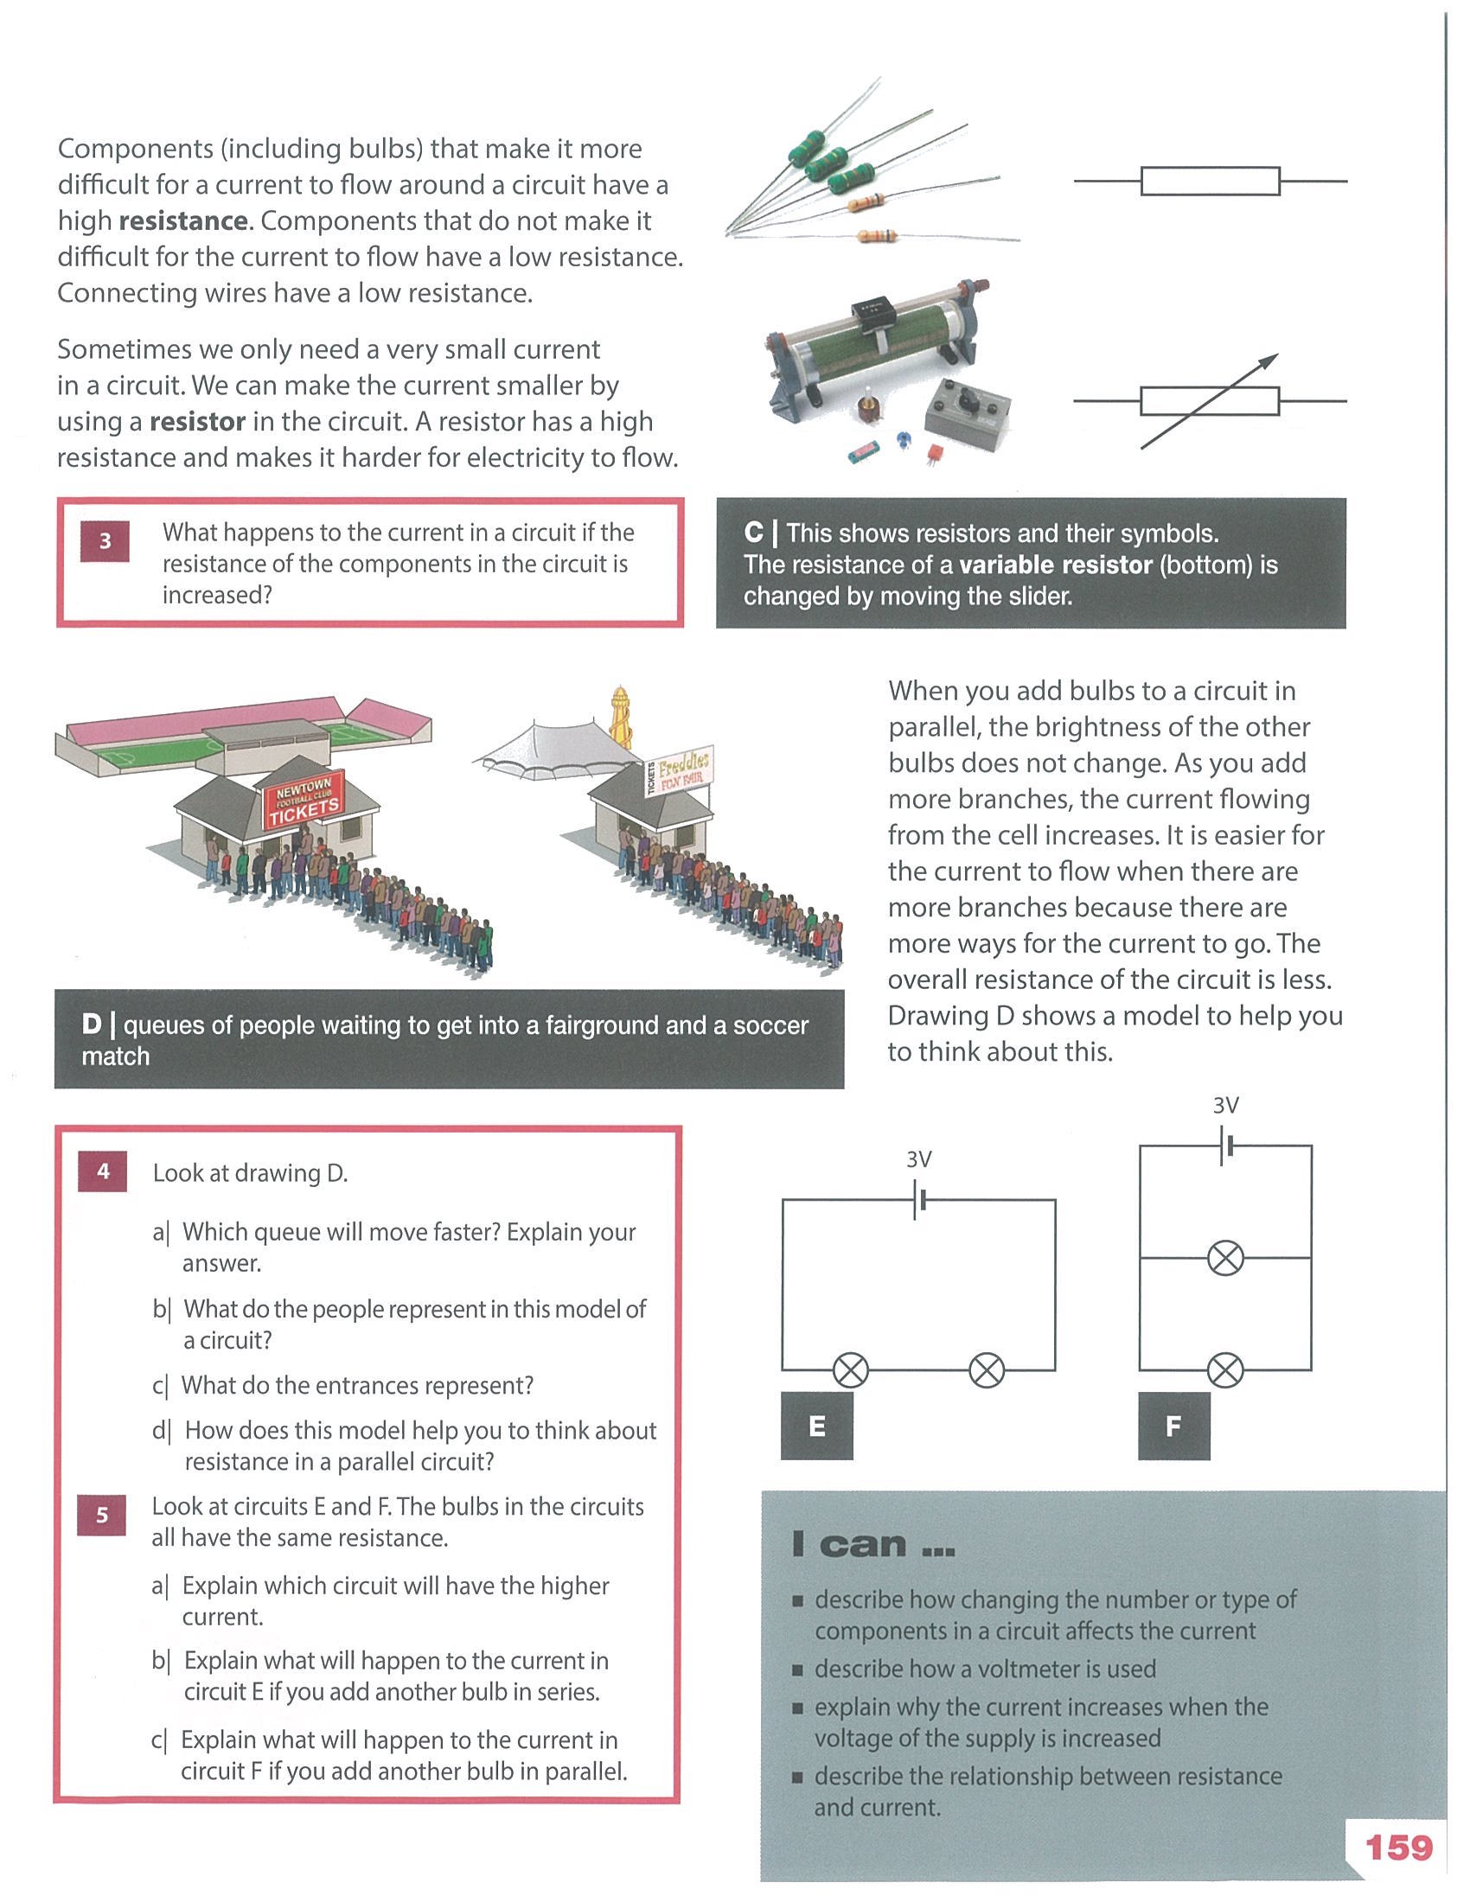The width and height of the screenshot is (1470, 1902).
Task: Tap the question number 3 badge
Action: pos(105,541)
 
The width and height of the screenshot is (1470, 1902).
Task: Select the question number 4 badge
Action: pos(103,1171)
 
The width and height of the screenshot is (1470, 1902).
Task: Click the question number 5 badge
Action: pos(102,1516)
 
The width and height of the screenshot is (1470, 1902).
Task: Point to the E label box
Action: pos(817,1426)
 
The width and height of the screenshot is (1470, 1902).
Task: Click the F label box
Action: pos(1174,1426)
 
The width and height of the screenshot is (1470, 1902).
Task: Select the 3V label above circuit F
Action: pos(1226,1105)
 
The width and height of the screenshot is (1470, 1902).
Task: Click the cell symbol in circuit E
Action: pos(918,1200)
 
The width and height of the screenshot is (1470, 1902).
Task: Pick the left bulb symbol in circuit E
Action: pos(851,1371)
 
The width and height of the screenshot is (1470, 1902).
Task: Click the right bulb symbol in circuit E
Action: pos(987,1371)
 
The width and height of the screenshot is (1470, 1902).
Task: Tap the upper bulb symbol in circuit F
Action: pos(1226,1259)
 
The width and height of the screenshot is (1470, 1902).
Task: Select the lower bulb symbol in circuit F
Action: pos(1226,1372)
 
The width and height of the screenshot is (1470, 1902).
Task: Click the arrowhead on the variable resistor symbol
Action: pos(1270,361)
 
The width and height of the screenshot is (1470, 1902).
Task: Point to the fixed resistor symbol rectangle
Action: pos(1211,182)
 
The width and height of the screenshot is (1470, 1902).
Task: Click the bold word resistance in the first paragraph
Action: pos(182,221)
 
